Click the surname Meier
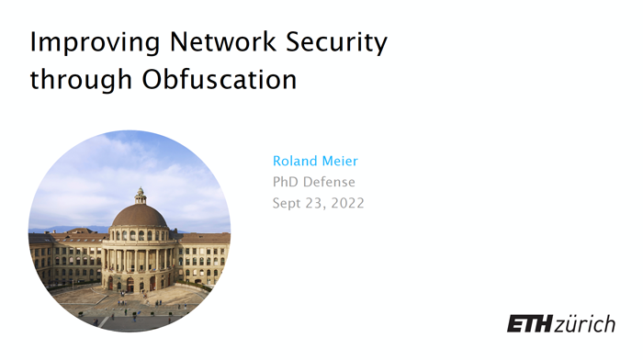339,161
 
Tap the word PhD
287,182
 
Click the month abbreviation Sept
288,203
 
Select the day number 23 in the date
317,203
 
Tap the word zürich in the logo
585,323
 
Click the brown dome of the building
140,217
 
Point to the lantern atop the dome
140,195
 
